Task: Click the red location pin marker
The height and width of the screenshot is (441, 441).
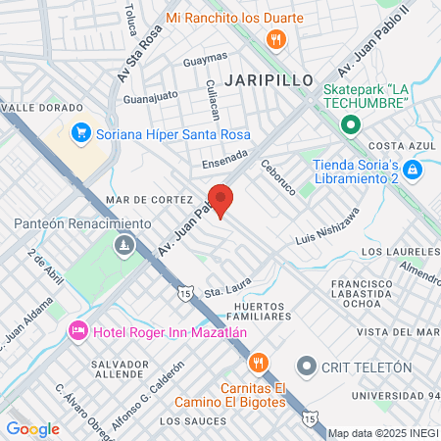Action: pyautogui.click(x=220, y=200)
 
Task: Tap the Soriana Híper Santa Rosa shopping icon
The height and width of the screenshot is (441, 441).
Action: pyautogui.click(x=80, y=132)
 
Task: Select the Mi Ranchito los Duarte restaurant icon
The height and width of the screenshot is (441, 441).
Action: pyautogui.click(x=277, y=40)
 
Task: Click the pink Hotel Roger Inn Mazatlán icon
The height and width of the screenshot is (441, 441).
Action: pyautogui.click(x=78, y=331)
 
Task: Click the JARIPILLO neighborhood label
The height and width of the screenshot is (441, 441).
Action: pyautogui.click(x=268, y=78)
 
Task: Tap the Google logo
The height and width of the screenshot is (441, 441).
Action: pyautogui.click(x=32, y=428)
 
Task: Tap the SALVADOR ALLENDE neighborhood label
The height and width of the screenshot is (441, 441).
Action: pyautogui.click(x=118, y=368)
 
